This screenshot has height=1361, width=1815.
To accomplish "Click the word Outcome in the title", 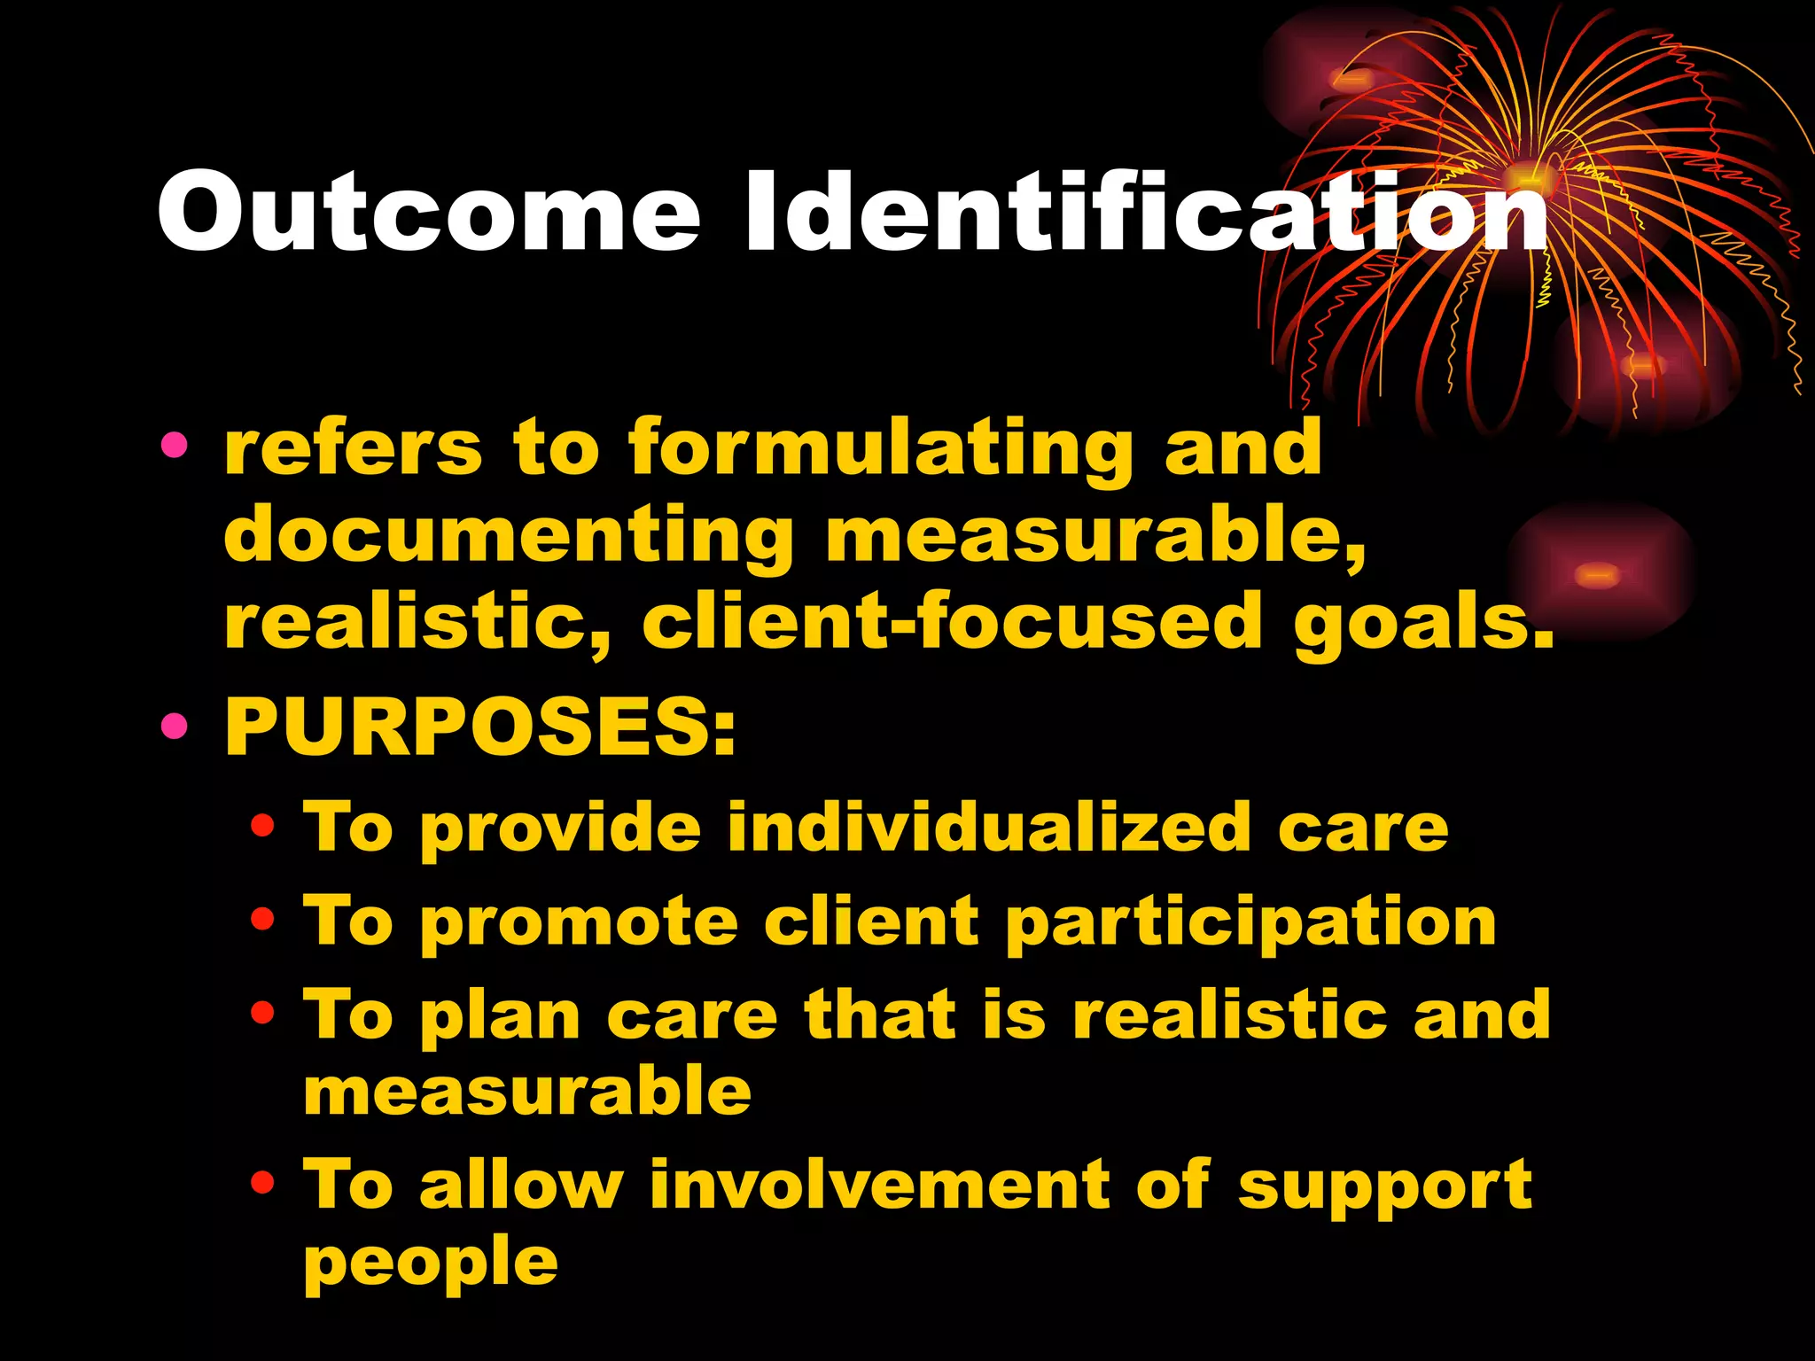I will tap(429, 213).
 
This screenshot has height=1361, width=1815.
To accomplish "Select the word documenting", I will tap(510, 535).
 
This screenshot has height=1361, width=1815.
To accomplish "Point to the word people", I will tap(431, 1263).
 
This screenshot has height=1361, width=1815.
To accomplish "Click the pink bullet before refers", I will tap(175, 446).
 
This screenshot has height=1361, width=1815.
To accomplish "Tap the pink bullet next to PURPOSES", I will tap(175, 727).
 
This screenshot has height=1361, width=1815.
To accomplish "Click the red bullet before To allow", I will tap(262, 1182).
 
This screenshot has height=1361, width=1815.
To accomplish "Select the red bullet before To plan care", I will tap(262, 1012).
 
